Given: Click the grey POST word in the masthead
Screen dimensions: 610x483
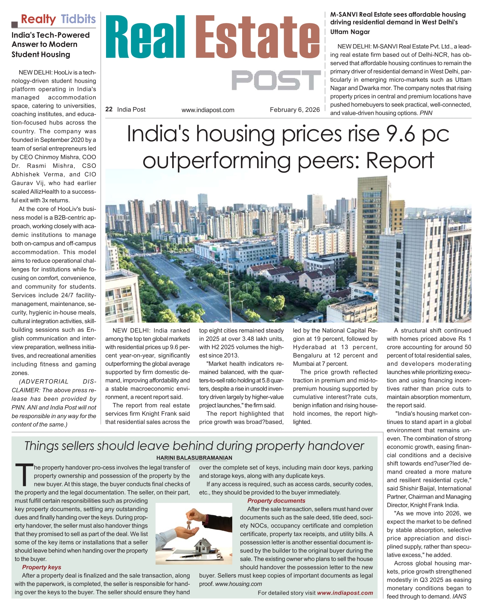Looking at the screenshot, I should point(276,80).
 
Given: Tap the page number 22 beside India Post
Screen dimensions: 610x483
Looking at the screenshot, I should point(109,109).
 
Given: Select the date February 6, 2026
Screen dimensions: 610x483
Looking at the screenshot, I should point(295,110).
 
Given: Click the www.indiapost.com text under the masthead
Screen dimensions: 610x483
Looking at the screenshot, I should point(208,110).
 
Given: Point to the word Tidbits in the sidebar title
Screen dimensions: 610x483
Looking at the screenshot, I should point(78,19).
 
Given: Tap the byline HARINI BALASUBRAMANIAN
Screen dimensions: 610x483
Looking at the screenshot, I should point(194,458).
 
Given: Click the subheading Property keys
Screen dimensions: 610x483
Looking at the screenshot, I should point(42,567).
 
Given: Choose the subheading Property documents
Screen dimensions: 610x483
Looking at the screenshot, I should point(276,501).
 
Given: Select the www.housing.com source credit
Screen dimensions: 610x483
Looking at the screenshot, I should point(238,584).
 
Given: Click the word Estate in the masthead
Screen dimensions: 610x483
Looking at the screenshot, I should point(257,38).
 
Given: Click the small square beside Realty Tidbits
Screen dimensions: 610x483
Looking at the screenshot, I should point(14,24).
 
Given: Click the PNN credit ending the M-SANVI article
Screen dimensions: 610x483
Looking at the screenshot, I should point(426,113).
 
